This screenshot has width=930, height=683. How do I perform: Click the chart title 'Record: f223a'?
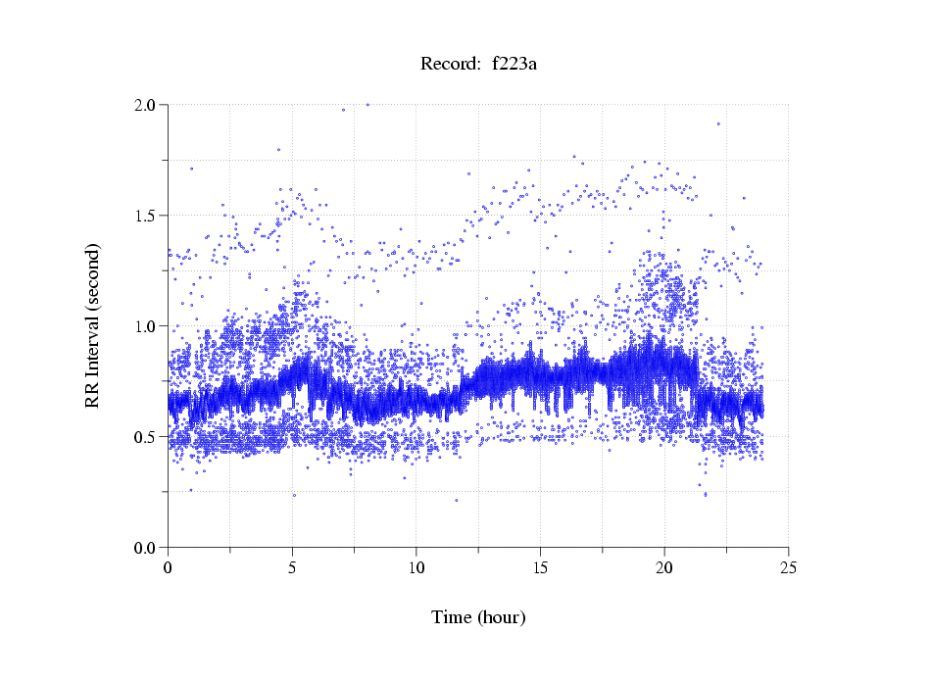coord(480,65)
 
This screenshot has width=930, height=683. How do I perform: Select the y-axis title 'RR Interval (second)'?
coord(92,324)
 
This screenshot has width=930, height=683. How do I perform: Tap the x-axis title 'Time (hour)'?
coord(479,617)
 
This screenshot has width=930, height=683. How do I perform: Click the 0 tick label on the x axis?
coord(169,567)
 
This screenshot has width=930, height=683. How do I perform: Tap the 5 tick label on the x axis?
coord(292,567)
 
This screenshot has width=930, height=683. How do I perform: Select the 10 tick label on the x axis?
coord(416,567)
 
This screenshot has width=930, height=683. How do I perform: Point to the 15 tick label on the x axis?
coord(541,567)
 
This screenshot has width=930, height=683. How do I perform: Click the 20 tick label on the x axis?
coord(664,567)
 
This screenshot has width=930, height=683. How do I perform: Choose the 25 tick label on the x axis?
coord(789,567)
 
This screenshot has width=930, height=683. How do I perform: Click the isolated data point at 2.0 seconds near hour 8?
coord(367,104)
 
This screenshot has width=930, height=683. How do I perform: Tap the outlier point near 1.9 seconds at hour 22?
coord(718,123)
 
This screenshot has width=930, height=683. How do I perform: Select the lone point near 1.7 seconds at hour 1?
coord(191,168)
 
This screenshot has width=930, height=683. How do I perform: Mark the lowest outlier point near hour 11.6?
coord(457,500)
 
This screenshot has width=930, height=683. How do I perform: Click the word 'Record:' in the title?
coord(446,65)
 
